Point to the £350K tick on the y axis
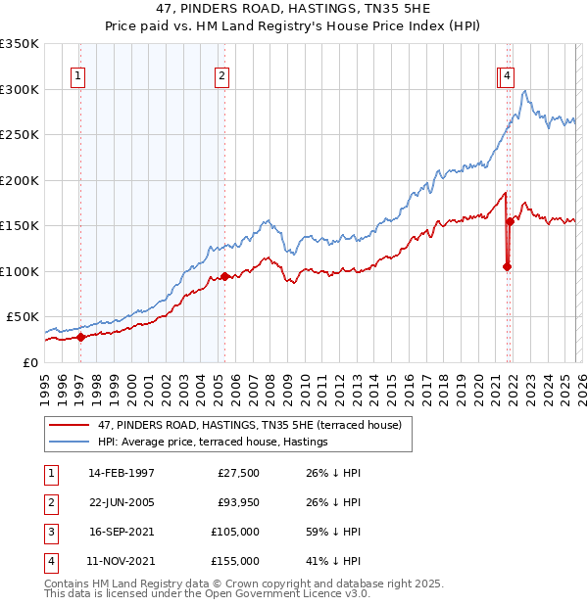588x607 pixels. (x=21, y=44)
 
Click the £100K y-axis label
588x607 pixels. (x=21, y=271)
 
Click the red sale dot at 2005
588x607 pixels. (x=225, y=276)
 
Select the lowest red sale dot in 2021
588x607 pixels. (x=507, y=266)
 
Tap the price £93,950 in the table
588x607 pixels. (x=233, y=503)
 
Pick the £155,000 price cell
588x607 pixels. (x=233, y=562)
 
